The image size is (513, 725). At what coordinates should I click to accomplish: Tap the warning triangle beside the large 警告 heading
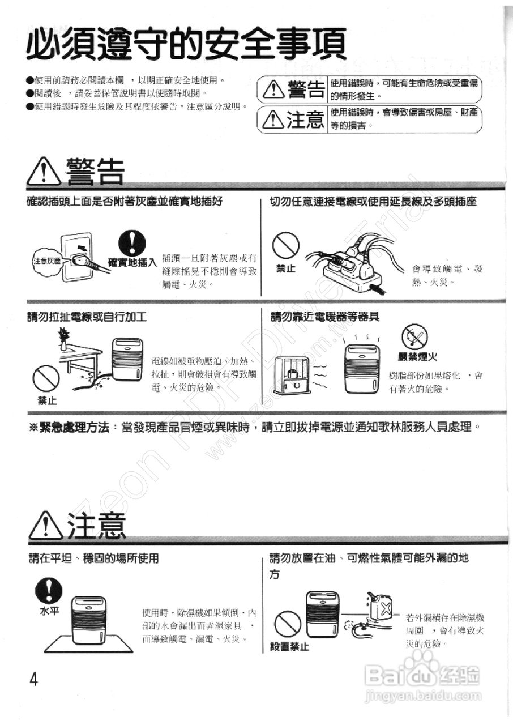(44, 172)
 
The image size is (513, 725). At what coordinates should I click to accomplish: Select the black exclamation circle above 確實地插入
(131, 244)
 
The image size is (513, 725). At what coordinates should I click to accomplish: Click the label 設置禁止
(289, 647)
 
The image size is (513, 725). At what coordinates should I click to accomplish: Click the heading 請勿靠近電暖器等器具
(325, 317)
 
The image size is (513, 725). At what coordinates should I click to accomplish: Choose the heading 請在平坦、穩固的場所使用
(93, 558)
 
